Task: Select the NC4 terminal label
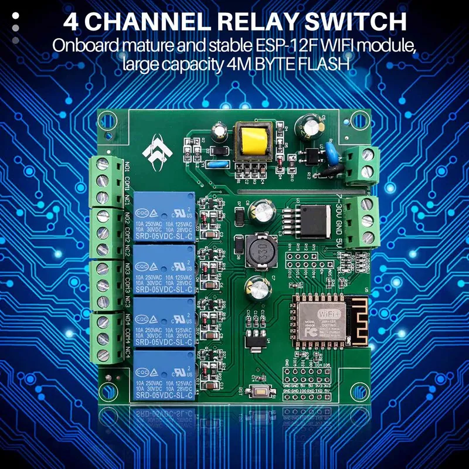[128, 353]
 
